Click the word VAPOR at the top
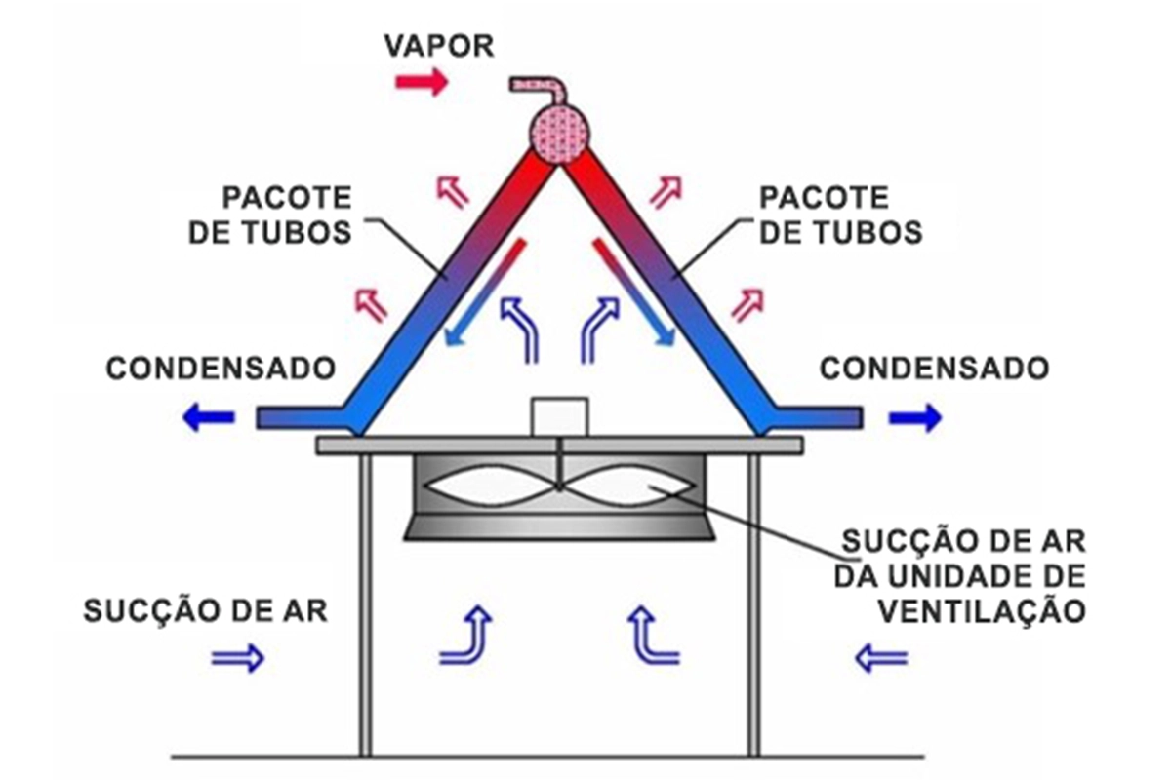(439, 46)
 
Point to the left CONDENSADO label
(221, 369)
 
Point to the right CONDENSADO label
(935, 369)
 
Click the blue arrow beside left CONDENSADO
(208, 418)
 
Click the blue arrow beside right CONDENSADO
(915, 418)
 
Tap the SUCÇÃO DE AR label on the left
(205, 612)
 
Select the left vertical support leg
(365, 604)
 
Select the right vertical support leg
(753, 604)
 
